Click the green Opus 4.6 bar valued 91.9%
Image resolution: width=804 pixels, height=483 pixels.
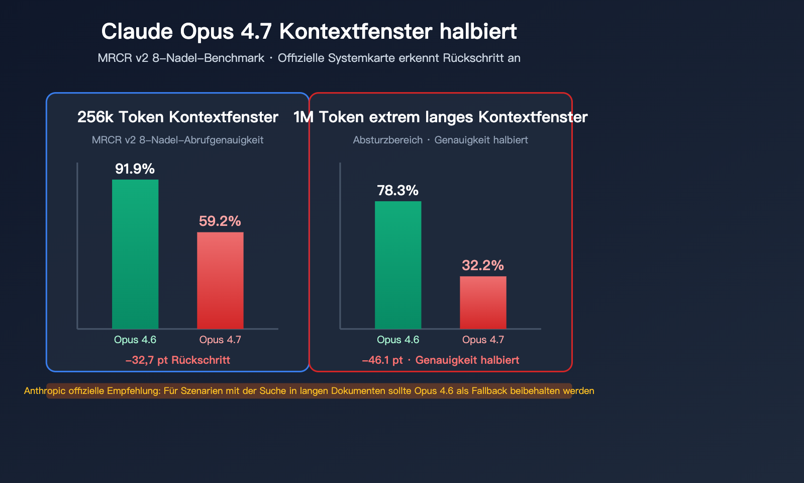coord(135,254)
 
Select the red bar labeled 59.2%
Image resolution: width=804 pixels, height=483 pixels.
coord(220,280)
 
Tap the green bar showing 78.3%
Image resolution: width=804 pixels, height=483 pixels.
coord(398,265)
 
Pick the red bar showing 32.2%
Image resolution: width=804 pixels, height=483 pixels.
coord(483,302)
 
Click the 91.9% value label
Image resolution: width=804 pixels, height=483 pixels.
coord(135,169)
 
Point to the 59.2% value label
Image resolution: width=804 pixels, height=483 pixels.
coord(220,221)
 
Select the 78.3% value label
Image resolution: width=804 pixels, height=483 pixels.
coord(397,191)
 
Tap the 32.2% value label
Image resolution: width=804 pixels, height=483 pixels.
coord(482,266)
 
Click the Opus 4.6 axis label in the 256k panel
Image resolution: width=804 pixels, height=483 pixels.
coord(135,340)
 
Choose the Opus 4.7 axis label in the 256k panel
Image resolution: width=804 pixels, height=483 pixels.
coord(220,340)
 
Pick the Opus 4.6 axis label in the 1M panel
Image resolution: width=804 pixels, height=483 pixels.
coord(398,340)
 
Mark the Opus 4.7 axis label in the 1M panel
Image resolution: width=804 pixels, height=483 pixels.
coord(483,340)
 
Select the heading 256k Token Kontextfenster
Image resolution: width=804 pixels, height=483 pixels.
coord(177,117)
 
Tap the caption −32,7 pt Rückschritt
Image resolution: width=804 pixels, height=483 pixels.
coord(177,360)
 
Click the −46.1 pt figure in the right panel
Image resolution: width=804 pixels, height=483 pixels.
coord(382,360)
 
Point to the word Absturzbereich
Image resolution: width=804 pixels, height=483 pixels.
coord(387,140)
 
